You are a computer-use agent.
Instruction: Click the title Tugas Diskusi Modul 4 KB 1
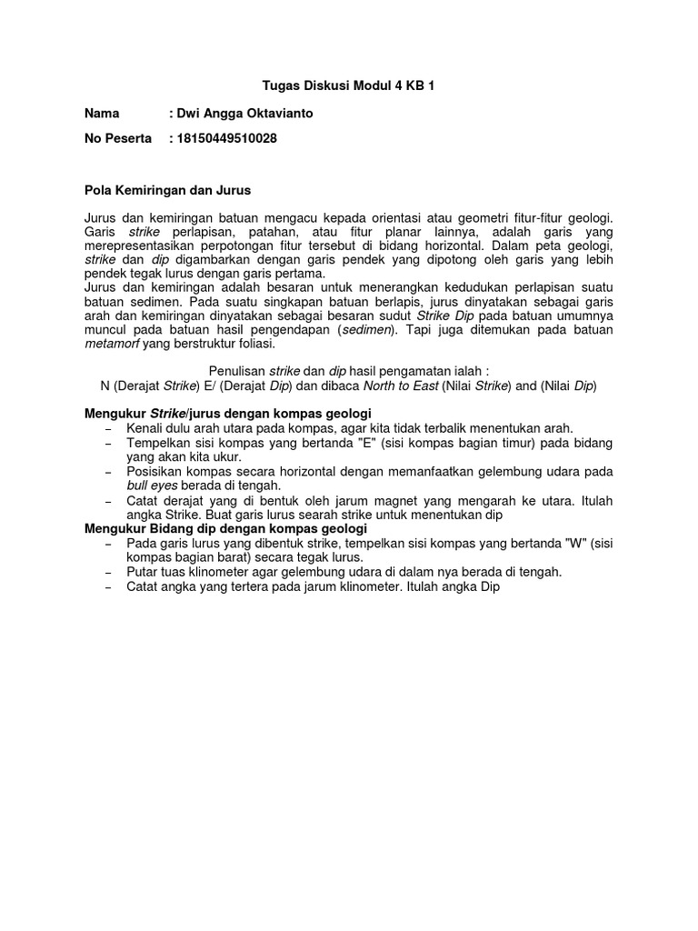349,87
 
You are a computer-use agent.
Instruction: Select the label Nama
102,114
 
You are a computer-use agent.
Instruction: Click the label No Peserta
117,139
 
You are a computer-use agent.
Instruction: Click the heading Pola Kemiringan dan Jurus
167,190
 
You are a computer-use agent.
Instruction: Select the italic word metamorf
113,345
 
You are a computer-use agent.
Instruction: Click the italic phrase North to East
400,385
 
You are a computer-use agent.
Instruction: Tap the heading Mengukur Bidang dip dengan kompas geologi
225,528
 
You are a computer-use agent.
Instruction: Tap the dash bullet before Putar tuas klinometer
109,572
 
